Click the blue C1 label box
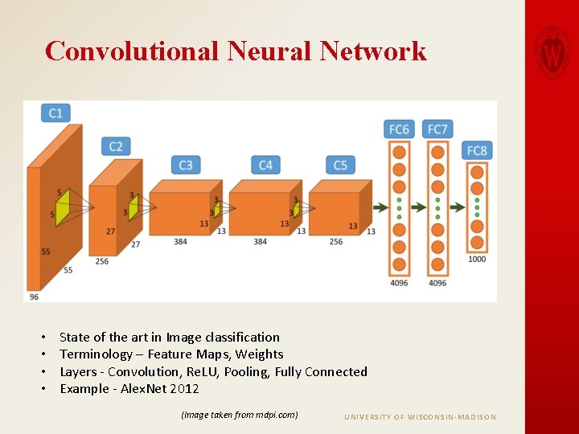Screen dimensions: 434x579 (x=55, y=113)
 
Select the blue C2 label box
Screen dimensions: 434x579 (x=116, y=146)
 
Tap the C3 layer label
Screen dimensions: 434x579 (x=186, y=165)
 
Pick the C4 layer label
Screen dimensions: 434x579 (x=265, y=165)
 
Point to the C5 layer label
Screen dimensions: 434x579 (x=340, y=165)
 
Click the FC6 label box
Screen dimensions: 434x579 (x=399, y=129)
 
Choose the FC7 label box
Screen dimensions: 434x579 (x=437, y=129)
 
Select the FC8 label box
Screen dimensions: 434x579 (x=477, y=150)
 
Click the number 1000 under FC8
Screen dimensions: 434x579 (x=477, y=260)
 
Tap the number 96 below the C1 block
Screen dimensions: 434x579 (x=34, y=297)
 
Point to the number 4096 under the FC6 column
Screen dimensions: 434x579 (x=399, y=283)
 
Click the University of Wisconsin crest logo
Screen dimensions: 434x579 (x=552, y=51)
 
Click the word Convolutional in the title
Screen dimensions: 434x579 (x=131, y=51)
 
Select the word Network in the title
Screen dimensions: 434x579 (x=373, y=51)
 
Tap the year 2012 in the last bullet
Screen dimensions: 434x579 (x=184, y=389)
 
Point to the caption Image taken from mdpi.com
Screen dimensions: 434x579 (x=240, y=415)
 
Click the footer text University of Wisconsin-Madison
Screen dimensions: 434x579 (x=420, y=417)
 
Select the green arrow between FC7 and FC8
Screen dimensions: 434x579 (x=457, y=207)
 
